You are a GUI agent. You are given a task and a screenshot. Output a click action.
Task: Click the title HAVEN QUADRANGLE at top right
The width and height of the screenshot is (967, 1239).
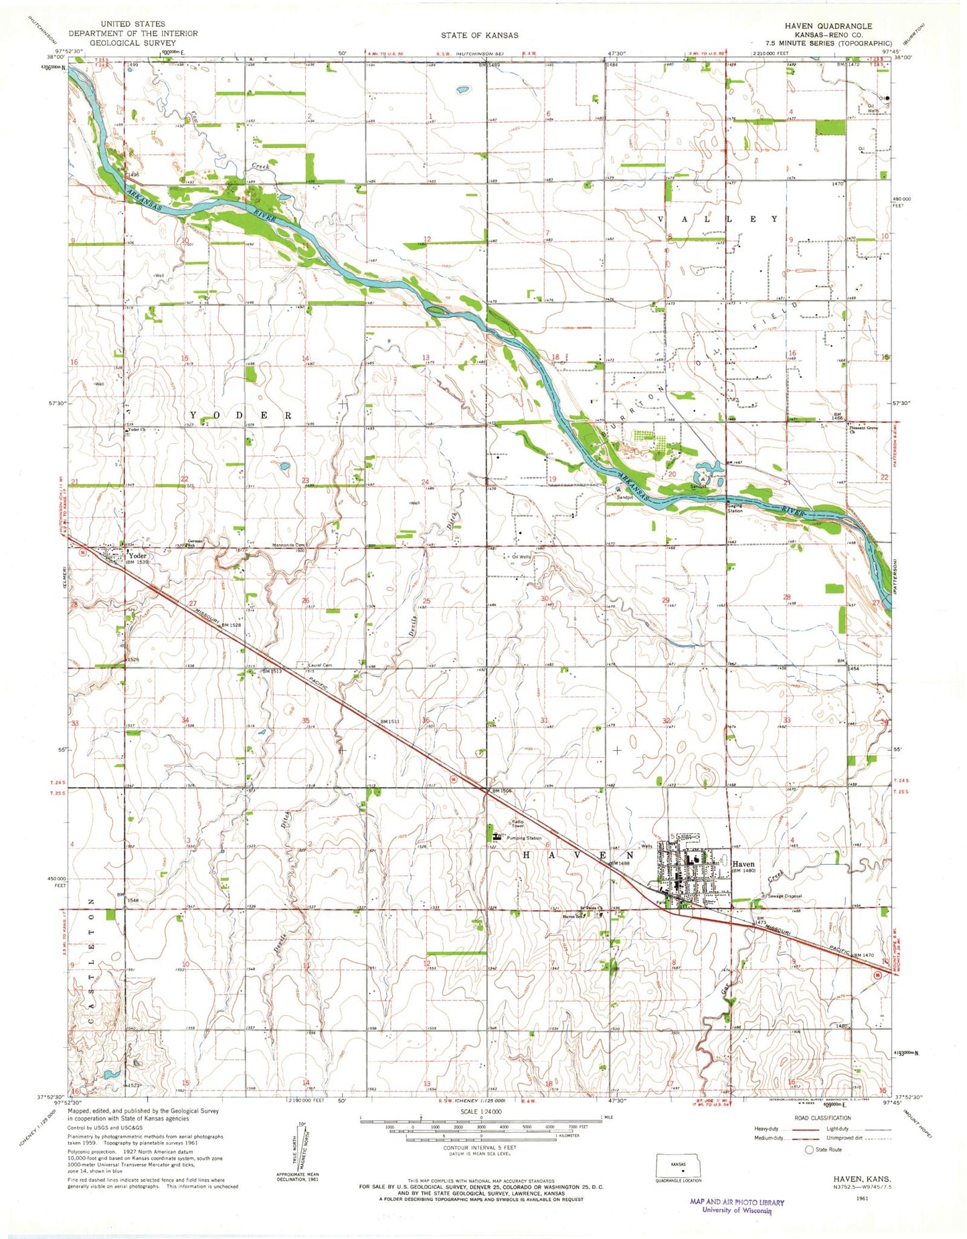tap(828, 25)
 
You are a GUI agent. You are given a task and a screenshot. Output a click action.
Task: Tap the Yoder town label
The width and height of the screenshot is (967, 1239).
tap(137, 556)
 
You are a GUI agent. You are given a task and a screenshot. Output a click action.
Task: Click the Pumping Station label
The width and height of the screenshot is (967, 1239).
tap(524, 838)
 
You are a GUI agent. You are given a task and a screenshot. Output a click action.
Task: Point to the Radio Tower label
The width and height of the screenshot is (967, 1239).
tap(518, 824)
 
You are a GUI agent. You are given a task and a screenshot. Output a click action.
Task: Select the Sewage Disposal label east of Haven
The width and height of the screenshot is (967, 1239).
tap(784, 896)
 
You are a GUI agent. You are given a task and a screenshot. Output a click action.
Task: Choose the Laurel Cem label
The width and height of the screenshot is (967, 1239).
tap(320, 665)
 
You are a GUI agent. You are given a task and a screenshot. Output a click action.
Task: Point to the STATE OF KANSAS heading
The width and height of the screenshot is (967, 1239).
tap(479, 35)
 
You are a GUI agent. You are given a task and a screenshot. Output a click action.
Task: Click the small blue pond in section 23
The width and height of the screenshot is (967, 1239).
tap(284, 466)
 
